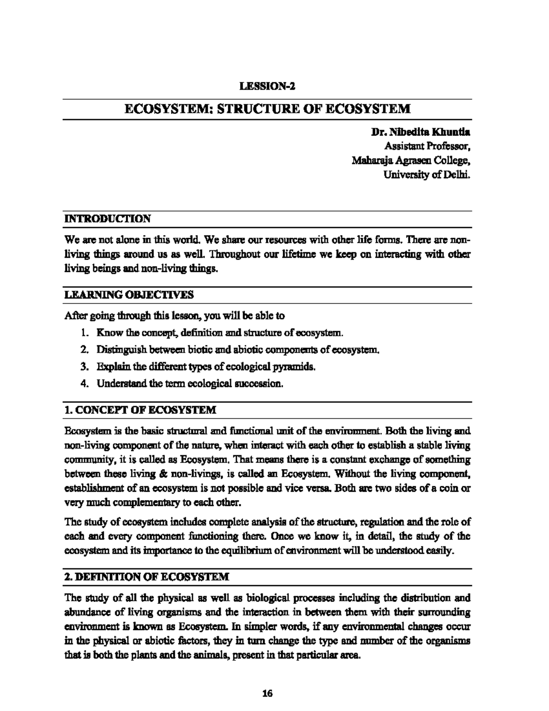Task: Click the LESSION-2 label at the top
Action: click(268, 86)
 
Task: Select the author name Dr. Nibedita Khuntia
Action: click(420, 133)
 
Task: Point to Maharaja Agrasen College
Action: click(411, 161)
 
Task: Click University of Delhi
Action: click(427, 174)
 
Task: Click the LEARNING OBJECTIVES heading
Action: click(129, 295)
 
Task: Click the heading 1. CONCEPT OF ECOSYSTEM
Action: click(140, 410)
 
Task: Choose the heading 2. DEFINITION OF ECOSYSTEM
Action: click(147, 577)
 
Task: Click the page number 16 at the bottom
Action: click(268, 693)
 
